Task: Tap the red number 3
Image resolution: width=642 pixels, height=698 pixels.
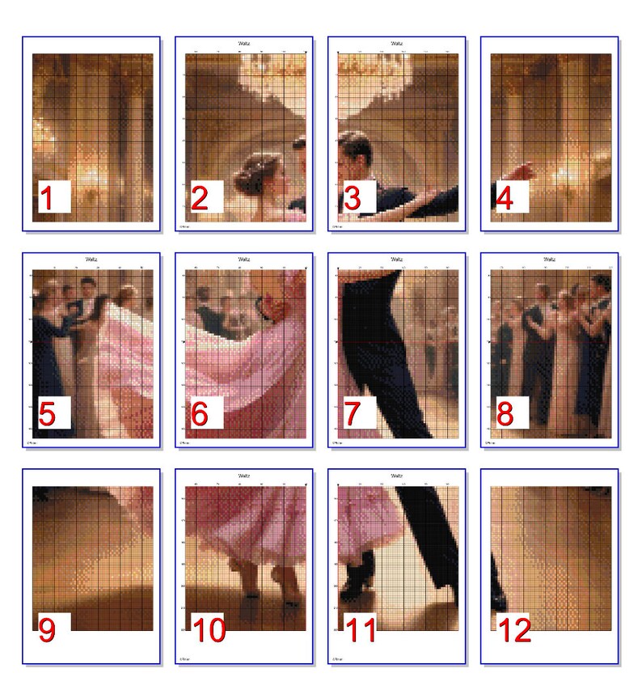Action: pyautogui.click(x=353, y=199)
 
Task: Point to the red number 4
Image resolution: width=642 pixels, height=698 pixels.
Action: pyautogui.click(x=505, y=199)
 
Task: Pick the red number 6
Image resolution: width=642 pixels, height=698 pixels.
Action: pyautogui.click(x=200, y=414)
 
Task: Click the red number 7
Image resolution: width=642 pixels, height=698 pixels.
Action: pyautogui.click(x=353, y=414)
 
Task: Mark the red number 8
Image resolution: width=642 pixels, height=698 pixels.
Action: pyautogui.click(x=505, y=414)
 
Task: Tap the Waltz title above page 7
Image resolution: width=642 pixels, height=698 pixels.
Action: pyautogui.click(x=396, y=260)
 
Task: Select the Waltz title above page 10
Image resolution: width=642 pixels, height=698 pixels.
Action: pyautogui.click(x=244, y=476)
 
